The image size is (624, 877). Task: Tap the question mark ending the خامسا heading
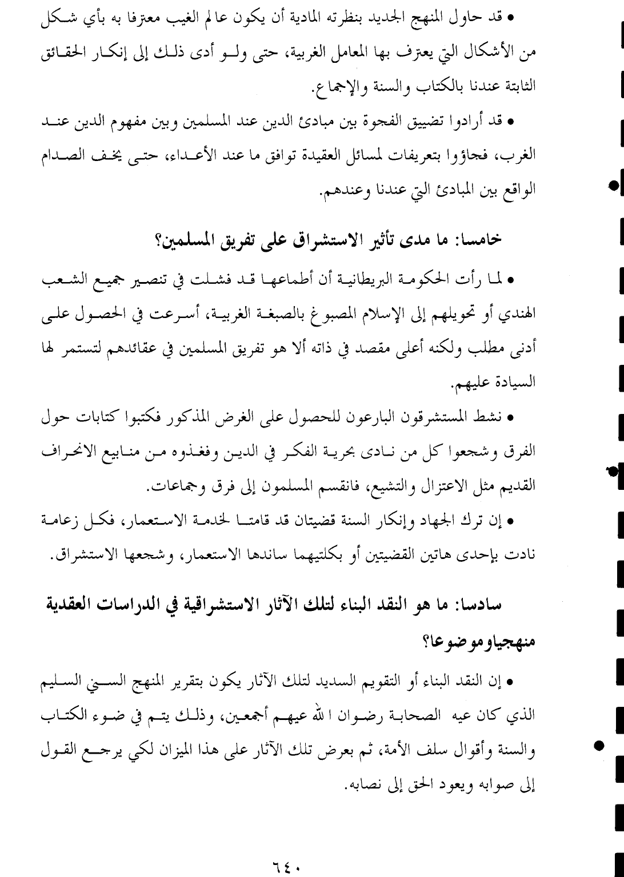pos(158,239)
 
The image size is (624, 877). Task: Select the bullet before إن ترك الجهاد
pos(511,521)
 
